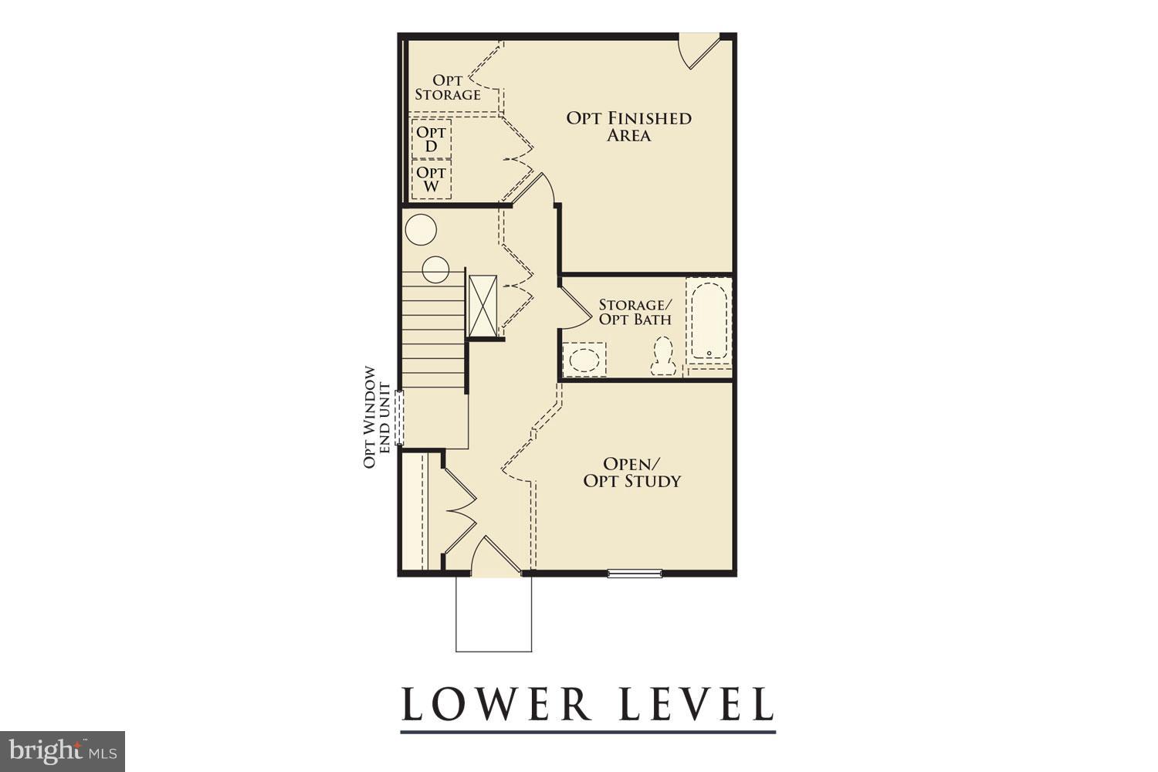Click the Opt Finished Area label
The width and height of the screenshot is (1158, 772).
pyautogui.click(x=628, y=127)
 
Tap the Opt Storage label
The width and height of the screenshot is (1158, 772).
pyautogui.click(x=448, y=87)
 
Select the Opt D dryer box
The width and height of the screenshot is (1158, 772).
pyautogui.click(x=431, y=139)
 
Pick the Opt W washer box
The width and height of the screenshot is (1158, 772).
pyautogui.click(x=431, y=180)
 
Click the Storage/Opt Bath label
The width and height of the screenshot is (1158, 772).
pyautogui.click(x=635, y=312)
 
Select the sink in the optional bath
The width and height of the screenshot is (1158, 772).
pyautogui.click(x=584, y=360)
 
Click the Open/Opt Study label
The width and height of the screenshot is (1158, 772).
pyautogui.click(x=632, y=472)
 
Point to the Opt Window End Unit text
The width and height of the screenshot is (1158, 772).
pyautogui.click(x=372, y=417)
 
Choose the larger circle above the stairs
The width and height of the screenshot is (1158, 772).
pyautogui.click(x=422, y=229)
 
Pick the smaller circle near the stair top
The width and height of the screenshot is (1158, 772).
pyautogui.click(x=435, y=269)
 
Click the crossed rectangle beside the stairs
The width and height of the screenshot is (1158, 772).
pyautogui.click(x=482, y=305)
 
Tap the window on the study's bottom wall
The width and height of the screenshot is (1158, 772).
pyautogui.click(x=635, y=573)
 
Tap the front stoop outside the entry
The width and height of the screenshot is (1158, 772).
pyautogui.click(x=493, y=614)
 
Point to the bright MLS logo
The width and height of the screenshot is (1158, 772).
pyautogui.click(x=62, y=751)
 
